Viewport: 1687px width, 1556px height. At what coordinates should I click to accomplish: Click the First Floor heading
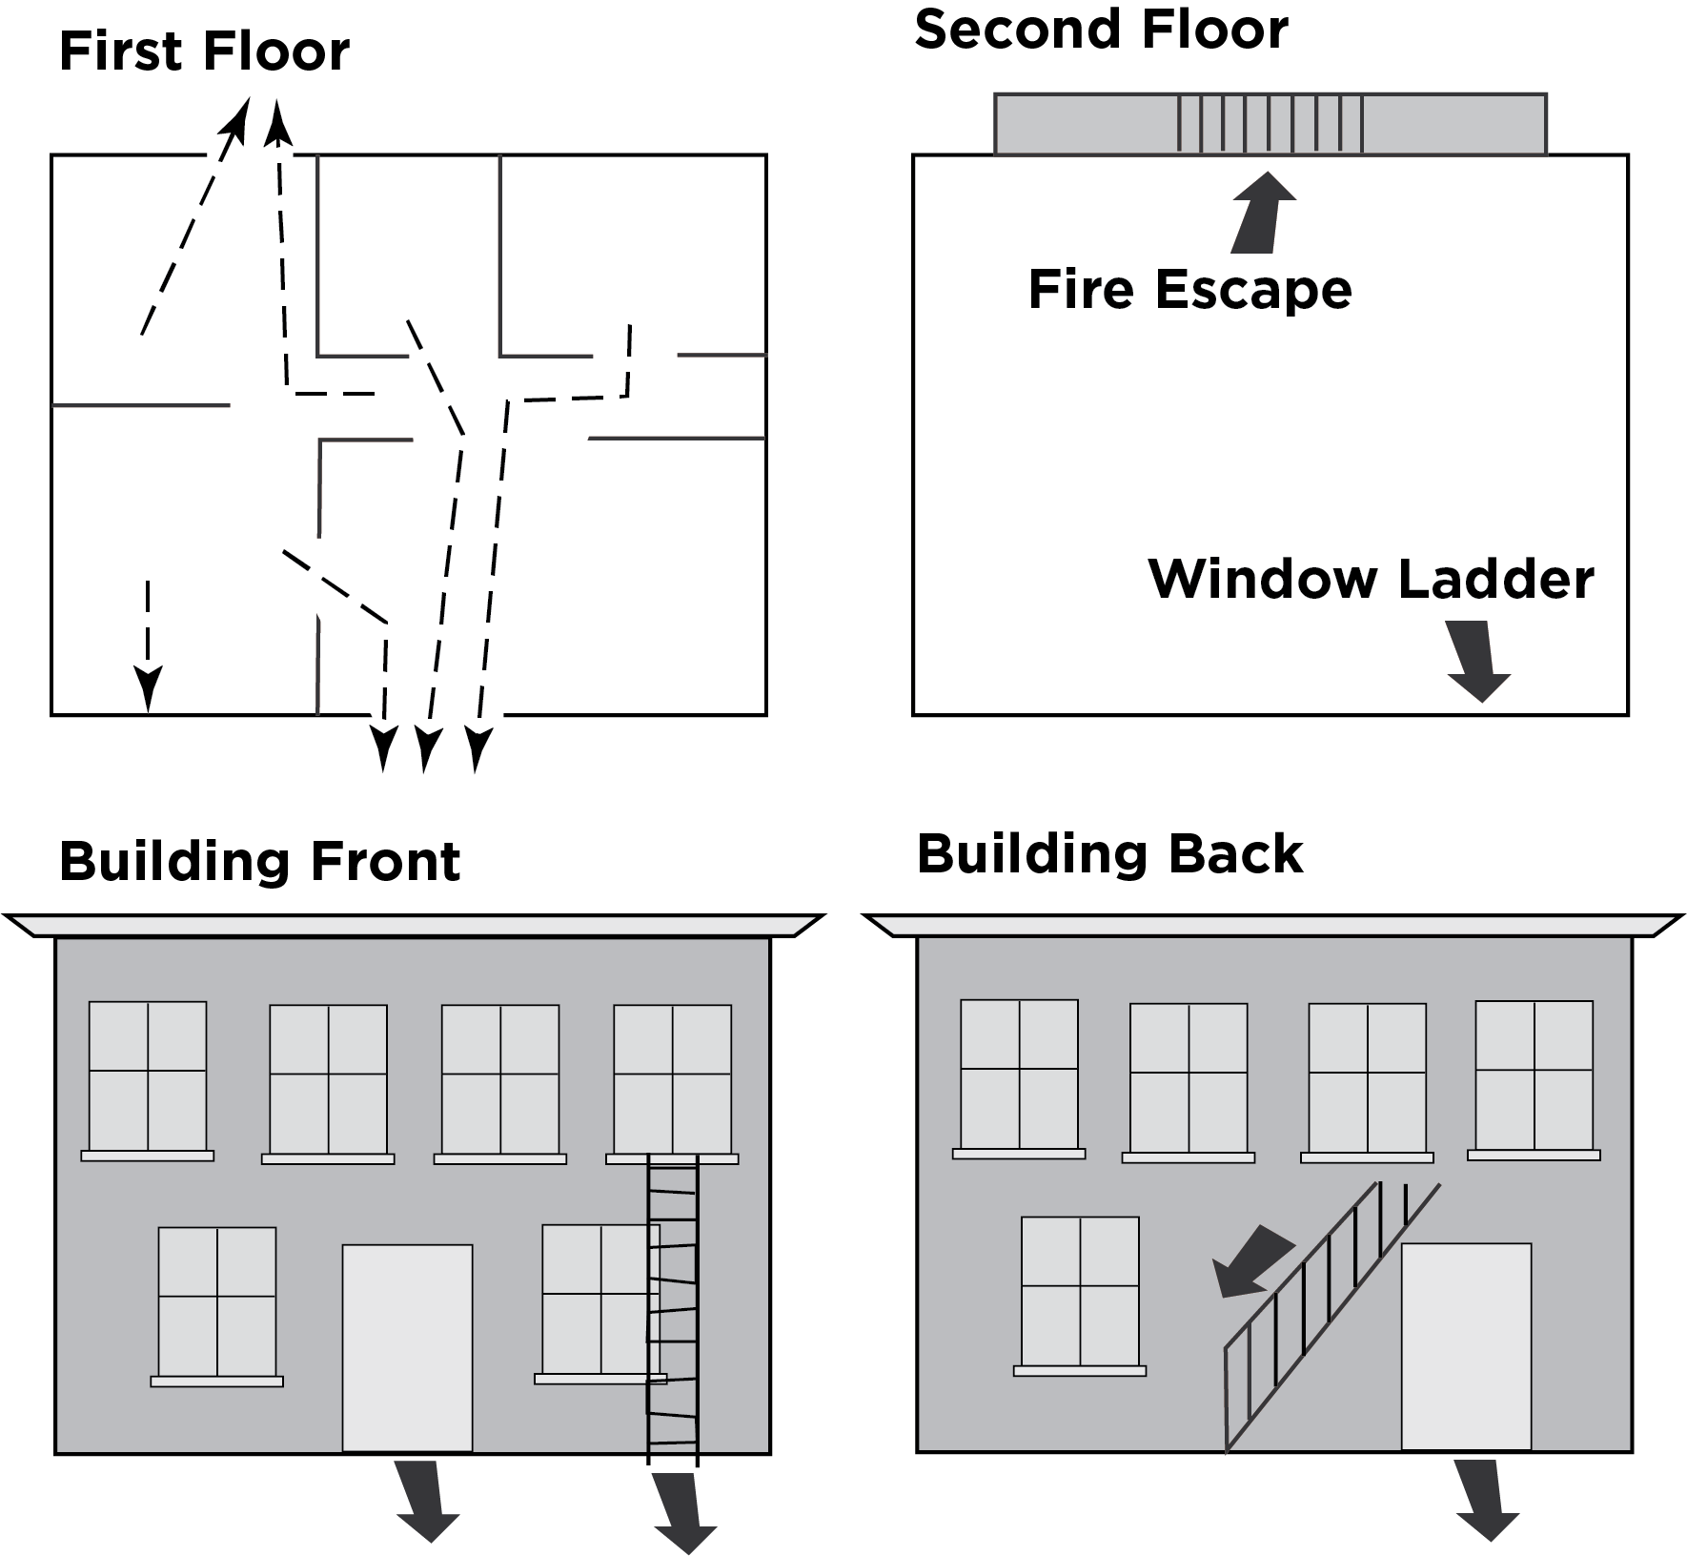pyautogui.click(x=204, y=51)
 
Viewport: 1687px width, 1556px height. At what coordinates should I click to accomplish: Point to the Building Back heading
pyautogui.click(x=1109, y=853)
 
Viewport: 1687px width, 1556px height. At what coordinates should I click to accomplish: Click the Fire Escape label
pyautogui.click(x=1189, y=289)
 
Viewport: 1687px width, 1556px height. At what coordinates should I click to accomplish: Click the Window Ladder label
pyautogui.click(x=1371, y=579)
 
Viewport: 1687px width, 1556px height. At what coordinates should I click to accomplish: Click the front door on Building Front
pyautogui.click(x=407, y=1346)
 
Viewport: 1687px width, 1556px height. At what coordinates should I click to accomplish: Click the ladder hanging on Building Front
pyautogui.click(x=673, y=1306)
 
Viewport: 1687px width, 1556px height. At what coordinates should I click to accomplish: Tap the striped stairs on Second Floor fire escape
pyautogui.click(x=1270, y=124)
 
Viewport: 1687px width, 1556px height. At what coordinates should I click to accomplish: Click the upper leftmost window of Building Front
pyautogui.click(x=148, y=1075)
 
